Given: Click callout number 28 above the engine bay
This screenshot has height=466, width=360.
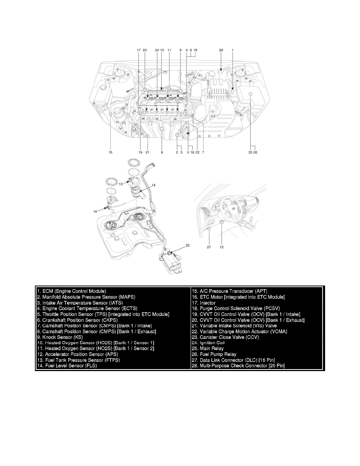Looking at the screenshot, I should tap(221, 50).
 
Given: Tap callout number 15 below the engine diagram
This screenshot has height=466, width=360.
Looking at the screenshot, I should tap(111, 152).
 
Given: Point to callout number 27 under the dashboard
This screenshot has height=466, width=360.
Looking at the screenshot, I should tap(209, 247).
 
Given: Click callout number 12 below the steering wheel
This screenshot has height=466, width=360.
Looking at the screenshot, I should tap(222, 247).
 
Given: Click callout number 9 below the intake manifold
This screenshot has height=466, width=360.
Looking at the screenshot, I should tap(162, 152).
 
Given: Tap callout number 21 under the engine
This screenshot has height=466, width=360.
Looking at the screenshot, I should tap(148, 152).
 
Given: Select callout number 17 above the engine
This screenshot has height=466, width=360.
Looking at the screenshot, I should tap(138, 50).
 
